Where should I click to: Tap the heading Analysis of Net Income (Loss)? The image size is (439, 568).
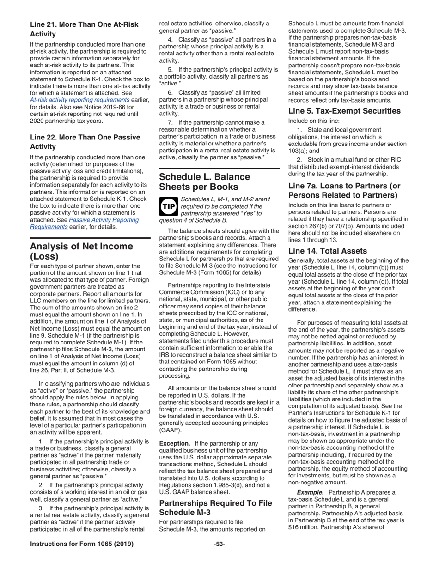81,251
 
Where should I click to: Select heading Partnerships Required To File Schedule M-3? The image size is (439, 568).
215,508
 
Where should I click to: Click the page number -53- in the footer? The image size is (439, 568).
219,544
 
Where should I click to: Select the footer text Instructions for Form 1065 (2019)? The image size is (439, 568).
82,544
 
